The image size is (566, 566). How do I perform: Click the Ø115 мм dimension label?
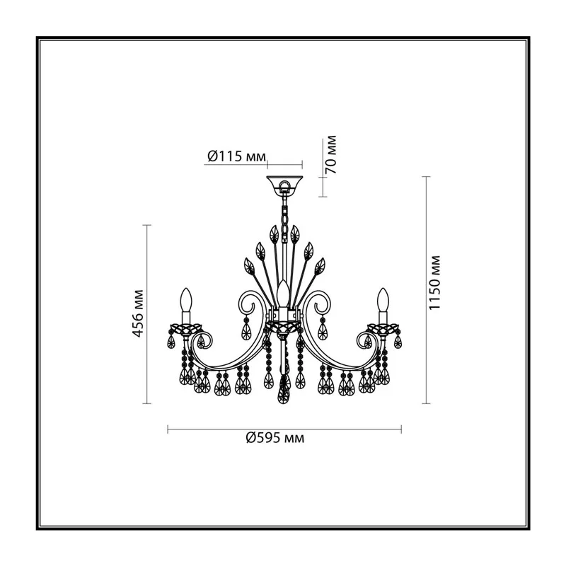coord(236,156)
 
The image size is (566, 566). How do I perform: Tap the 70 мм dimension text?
coord(331,155)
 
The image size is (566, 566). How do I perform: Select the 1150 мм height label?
coord(434,282)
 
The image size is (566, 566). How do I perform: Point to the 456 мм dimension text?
coord(139,313)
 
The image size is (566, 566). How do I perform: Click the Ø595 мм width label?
coord(275,438)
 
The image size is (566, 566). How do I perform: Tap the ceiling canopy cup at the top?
coord(284,185)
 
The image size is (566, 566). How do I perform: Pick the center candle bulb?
coord(282,292)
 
